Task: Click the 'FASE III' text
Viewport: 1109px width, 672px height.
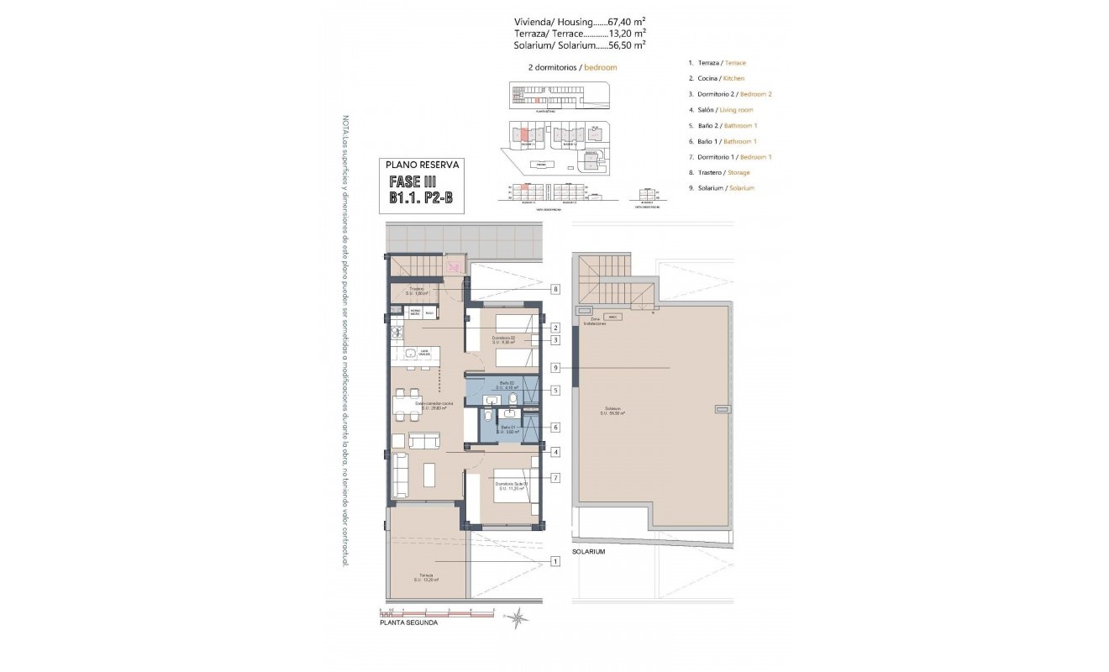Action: [x=412, y=182]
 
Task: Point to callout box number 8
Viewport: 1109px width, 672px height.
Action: [x=555, y=289]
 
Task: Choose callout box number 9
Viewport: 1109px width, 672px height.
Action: [x=555, y=368]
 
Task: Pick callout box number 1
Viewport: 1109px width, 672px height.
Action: [x=555, y=561]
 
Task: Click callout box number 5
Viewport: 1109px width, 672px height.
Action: [x=555, y=391]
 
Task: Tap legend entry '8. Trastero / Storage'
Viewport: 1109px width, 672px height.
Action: [x=718, y=172]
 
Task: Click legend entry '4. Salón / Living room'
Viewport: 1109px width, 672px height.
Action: [x=720, y=109]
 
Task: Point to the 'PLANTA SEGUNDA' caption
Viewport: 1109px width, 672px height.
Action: [x=408, y=623]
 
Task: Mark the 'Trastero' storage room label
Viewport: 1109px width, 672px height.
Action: [x=418, y=291]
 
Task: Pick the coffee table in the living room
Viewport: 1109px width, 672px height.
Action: [x=429, y=475]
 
